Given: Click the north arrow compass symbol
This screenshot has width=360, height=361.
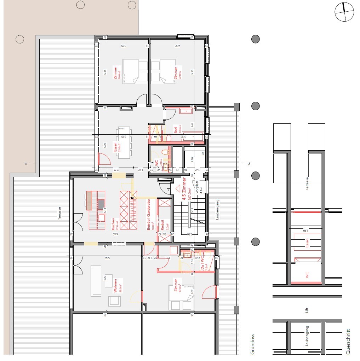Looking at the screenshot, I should [x=344, y=12].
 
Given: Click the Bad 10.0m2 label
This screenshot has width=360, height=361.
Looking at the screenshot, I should [x=177, y=129].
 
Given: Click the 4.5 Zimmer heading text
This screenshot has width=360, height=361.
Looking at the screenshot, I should [x=184, y=189].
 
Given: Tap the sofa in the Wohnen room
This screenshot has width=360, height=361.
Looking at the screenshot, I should [x=96, y=281].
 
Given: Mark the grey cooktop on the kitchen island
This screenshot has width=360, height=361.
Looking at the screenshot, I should [x=101, y=204].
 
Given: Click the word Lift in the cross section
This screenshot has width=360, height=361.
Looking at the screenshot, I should [x=307, y=310].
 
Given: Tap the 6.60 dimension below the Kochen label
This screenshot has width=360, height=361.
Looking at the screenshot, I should [x=115, y=234].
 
